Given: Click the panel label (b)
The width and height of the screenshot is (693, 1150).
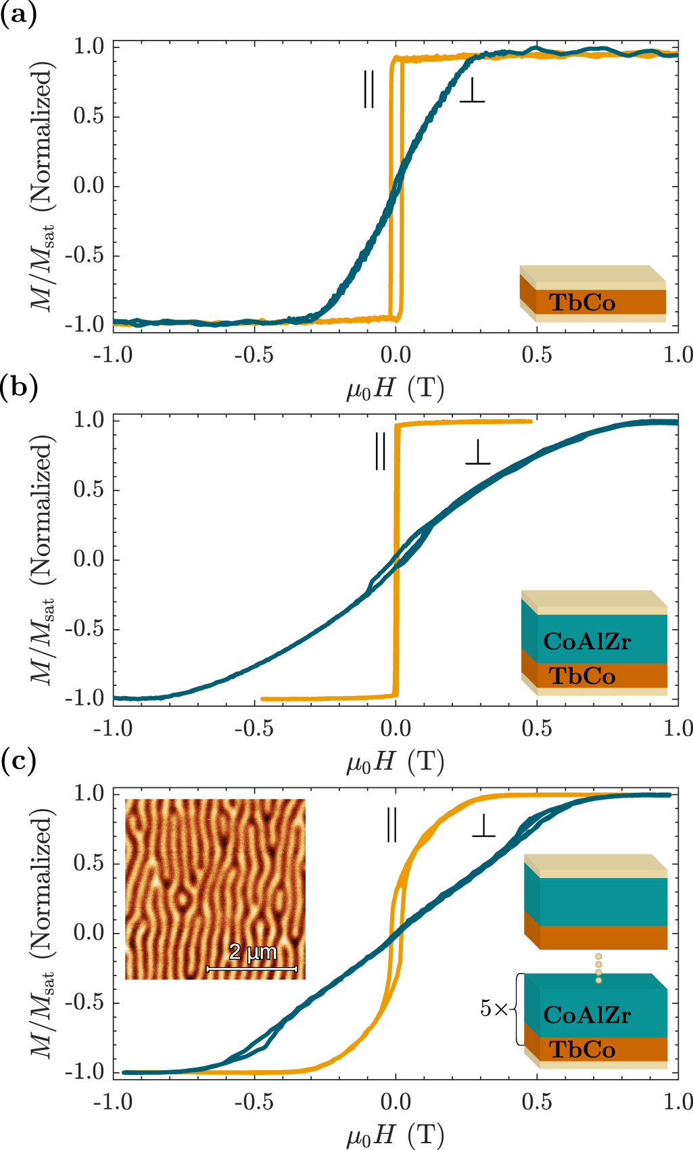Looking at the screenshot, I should click(18, 388).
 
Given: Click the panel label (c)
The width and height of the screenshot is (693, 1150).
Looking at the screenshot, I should click(18, 762).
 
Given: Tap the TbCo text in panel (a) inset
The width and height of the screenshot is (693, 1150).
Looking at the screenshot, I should click(582, 302).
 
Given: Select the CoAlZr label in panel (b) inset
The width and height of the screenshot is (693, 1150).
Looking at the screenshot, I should click(587, 641).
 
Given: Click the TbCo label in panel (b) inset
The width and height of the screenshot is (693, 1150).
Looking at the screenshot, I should click(582, 676).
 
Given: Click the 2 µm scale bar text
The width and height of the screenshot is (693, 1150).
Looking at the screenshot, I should click(253, 952).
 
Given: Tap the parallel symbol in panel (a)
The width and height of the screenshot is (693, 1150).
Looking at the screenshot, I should click(368, 89).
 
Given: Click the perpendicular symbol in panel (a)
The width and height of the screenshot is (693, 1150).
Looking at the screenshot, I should click(472, 91).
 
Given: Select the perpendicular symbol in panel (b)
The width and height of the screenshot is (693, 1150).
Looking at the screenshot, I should click(478, 453).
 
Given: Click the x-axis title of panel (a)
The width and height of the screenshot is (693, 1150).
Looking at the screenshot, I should click(395, 389).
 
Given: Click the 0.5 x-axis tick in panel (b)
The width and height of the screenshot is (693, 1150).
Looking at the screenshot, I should click(536, 729).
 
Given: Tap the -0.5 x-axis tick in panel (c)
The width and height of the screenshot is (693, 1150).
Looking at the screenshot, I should click(254, 1102).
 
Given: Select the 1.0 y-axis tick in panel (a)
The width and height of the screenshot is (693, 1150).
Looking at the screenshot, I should click(89, 47).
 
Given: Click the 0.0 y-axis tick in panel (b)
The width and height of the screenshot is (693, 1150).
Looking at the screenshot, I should click(89, 559).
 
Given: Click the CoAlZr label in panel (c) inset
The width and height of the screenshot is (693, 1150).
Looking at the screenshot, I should click(587, 1015).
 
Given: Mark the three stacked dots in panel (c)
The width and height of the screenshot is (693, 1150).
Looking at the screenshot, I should click(598, 968).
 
